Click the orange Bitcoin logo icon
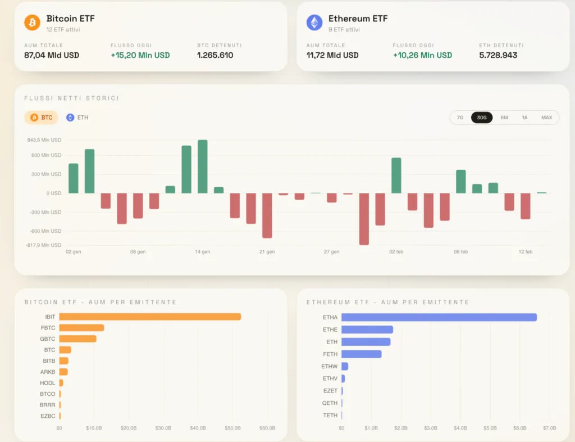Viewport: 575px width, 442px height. click(32, 22)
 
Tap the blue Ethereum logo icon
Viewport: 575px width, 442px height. click(314, 22)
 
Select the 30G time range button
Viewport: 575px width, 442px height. click(481, 118)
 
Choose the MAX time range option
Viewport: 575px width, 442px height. click(546, 118)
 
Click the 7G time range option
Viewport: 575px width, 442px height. click(460, 118)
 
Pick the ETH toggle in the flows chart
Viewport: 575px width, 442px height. click(77, 118)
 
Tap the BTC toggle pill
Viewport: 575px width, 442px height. click(41, 118)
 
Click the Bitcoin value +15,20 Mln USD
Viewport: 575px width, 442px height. click(140, 55)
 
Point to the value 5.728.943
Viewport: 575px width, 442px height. click(498, 55)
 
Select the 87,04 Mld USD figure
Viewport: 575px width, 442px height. click(52, 55)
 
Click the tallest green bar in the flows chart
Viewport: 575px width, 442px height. click(202, 166)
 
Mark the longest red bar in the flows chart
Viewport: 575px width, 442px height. click(364, 219)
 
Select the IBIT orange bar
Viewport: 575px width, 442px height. click(150, 317)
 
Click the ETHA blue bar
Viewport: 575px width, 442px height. click(439, 317)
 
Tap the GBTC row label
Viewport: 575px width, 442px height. click(48, 339)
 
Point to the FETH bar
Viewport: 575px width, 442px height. click(361, 354)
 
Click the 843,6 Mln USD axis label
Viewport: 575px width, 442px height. click(44, 140)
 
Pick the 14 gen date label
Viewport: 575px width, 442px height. click(202, 251)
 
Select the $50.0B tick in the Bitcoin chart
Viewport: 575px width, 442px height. click(232, 428)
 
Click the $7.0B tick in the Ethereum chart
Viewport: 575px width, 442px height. click(549, 428)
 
